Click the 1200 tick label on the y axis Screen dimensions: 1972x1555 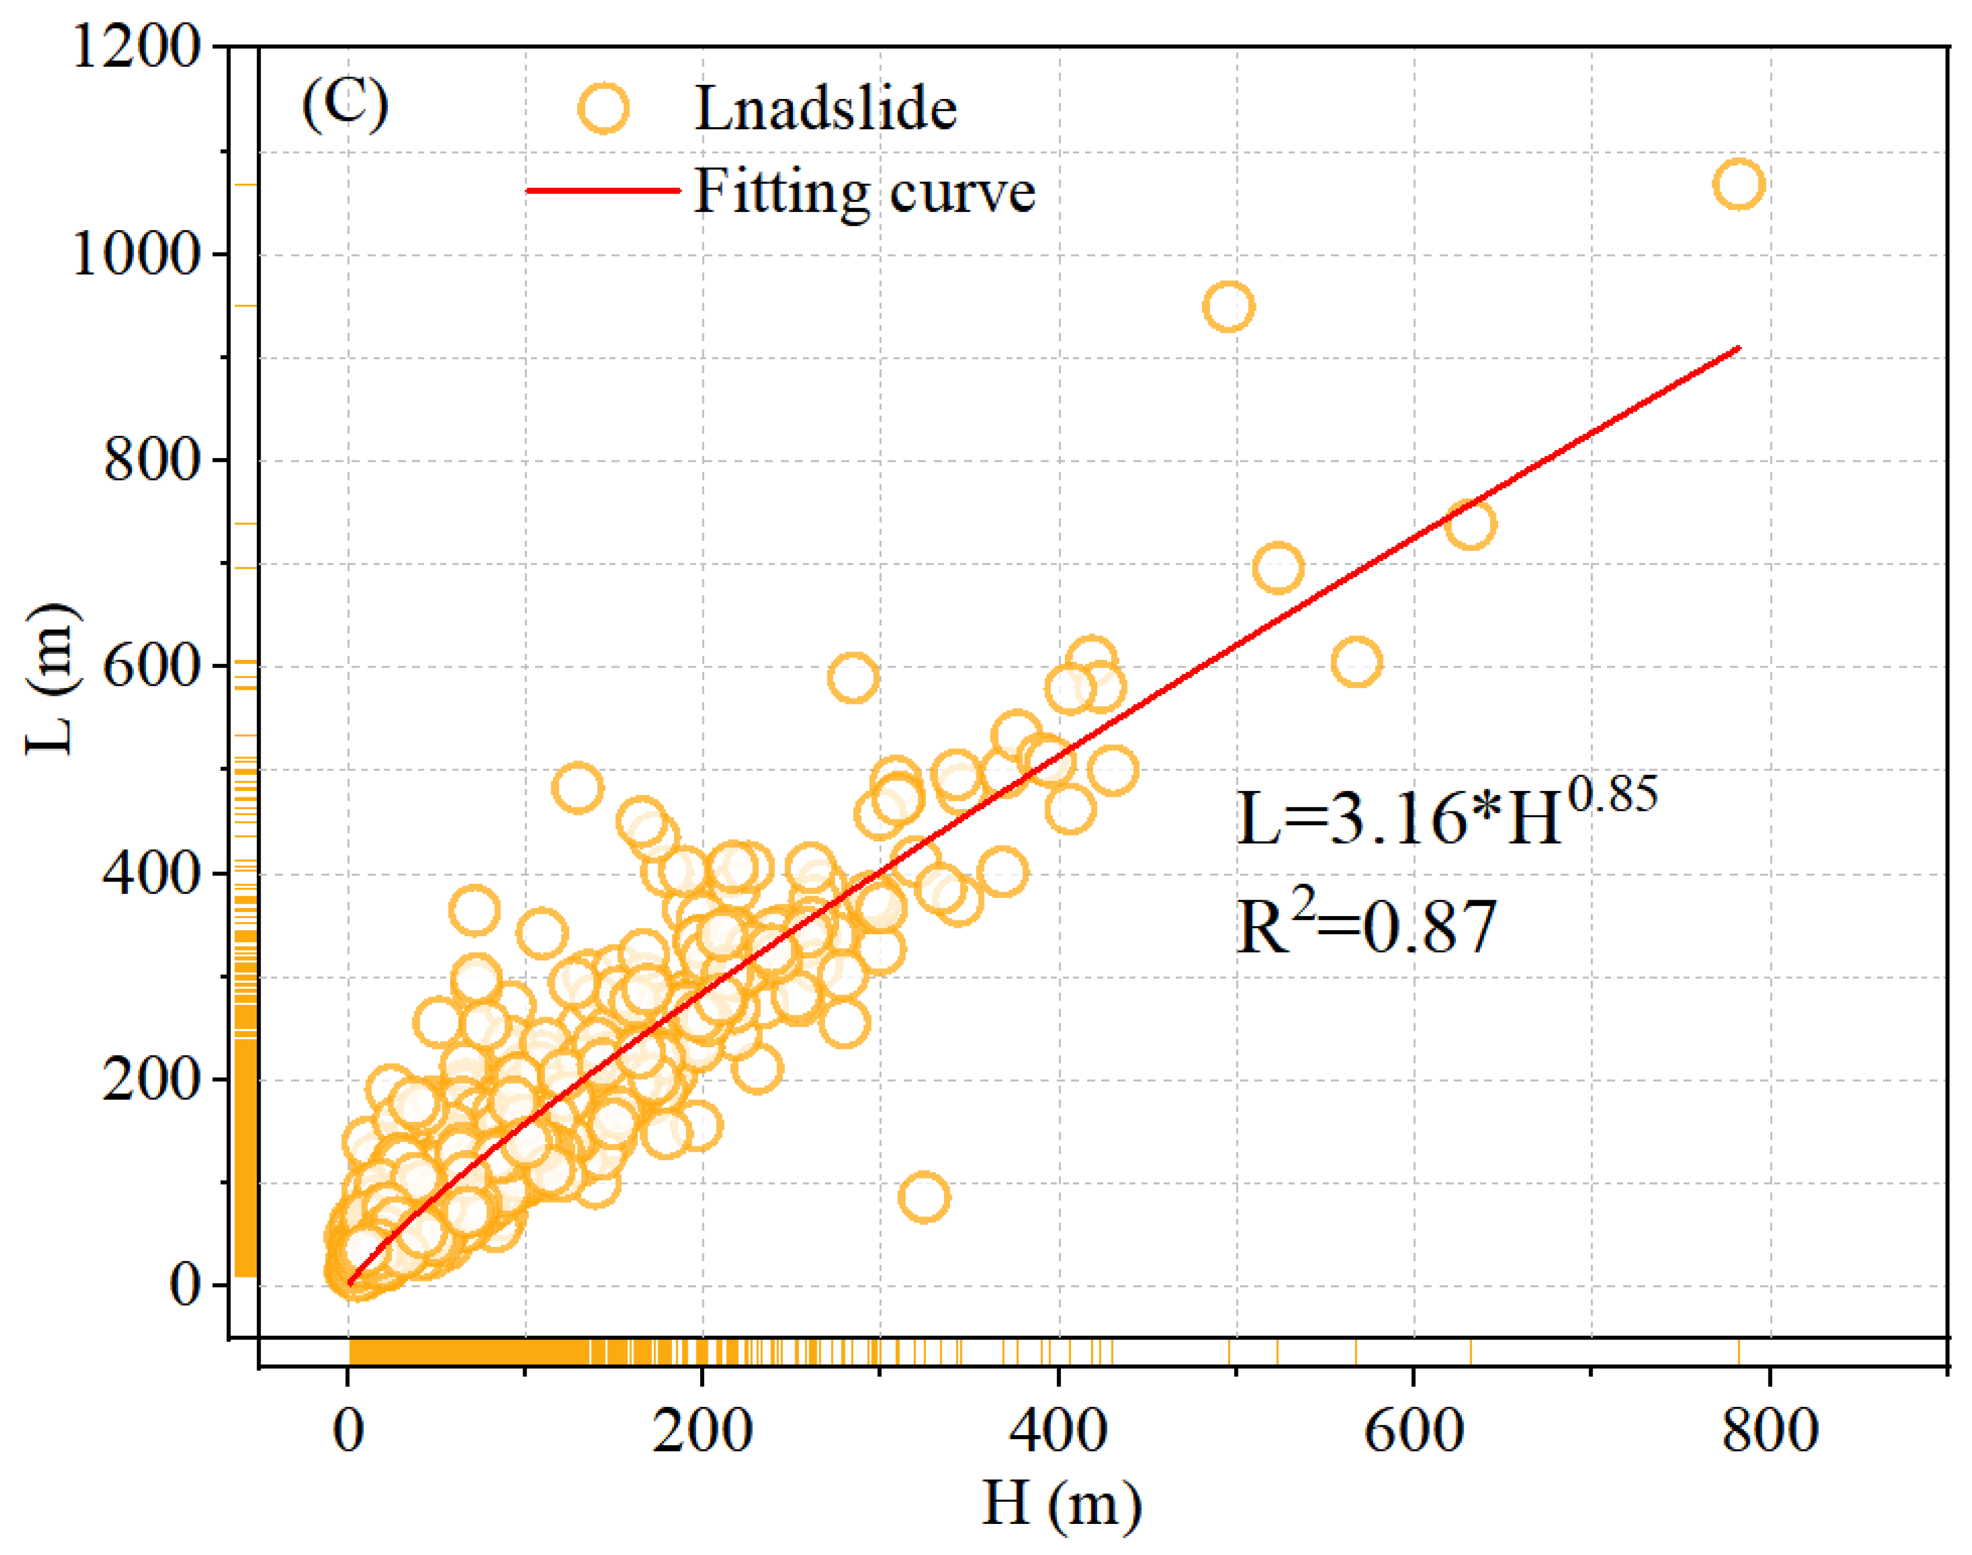click(x=136, y=46)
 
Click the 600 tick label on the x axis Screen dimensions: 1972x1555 click(x=1414, y=1429)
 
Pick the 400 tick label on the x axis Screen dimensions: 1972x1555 click(x=1058, y=1429)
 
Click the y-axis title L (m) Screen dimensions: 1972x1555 click(x=51, y=679)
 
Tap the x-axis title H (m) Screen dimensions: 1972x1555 click(x=1061, y=1505)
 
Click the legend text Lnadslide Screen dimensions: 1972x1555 click(x=826, y=109)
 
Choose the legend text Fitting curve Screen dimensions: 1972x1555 click(x=865, y=191)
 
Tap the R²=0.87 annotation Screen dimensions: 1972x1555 click(x=1366, y=923)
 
